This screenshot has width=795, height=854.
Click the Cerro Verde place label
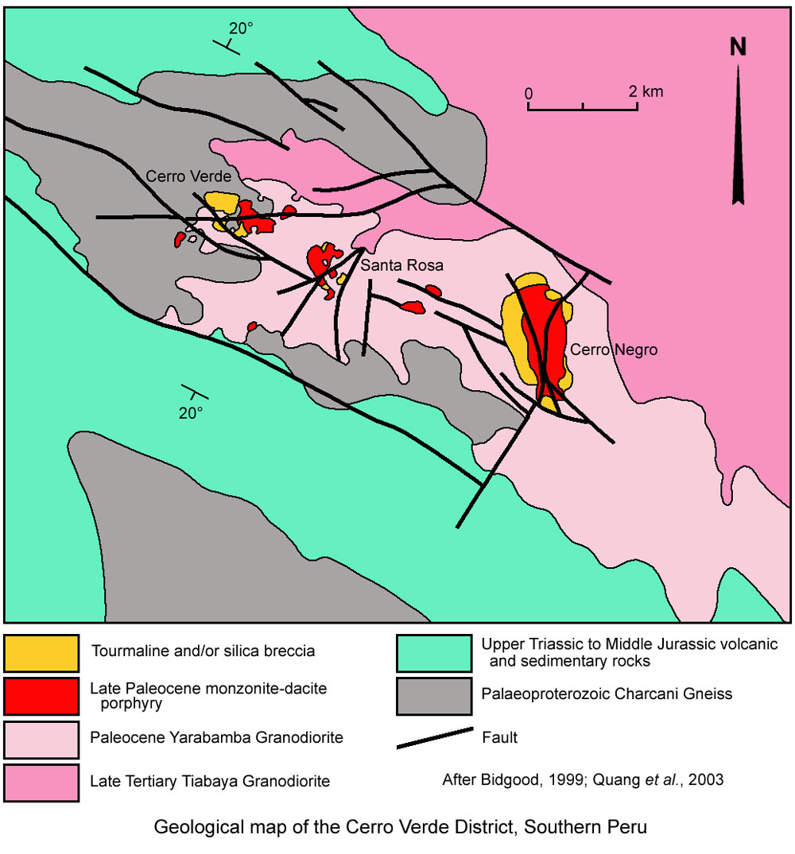click(x=188, y=176)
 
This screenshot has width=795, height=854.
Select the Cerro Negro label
click(x=613, y=349)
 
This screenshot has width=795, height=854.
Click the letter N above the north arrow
click(x=739, y=48)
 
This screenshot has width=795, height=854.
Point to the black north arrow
click(x=739, y=135)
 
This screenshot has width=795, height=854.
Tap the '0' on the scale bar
click(x=528, y=92)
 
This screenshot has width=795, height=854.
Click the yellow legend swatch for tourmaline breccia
click(x=41, y=651)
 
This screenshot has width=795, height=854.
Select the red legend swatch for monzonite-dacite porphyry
click(x=41, y=694)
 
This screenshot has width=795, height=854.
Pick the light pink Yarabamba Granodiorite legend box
click(x=41, y=738)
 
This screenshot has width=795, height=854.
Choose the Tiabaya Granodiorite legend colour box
click(x=41, y=782)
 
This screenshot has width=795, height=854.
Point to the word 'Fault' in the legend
click(x=499, y=738)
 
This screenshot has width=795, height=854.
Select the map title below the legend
click(x=400, y=827)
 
